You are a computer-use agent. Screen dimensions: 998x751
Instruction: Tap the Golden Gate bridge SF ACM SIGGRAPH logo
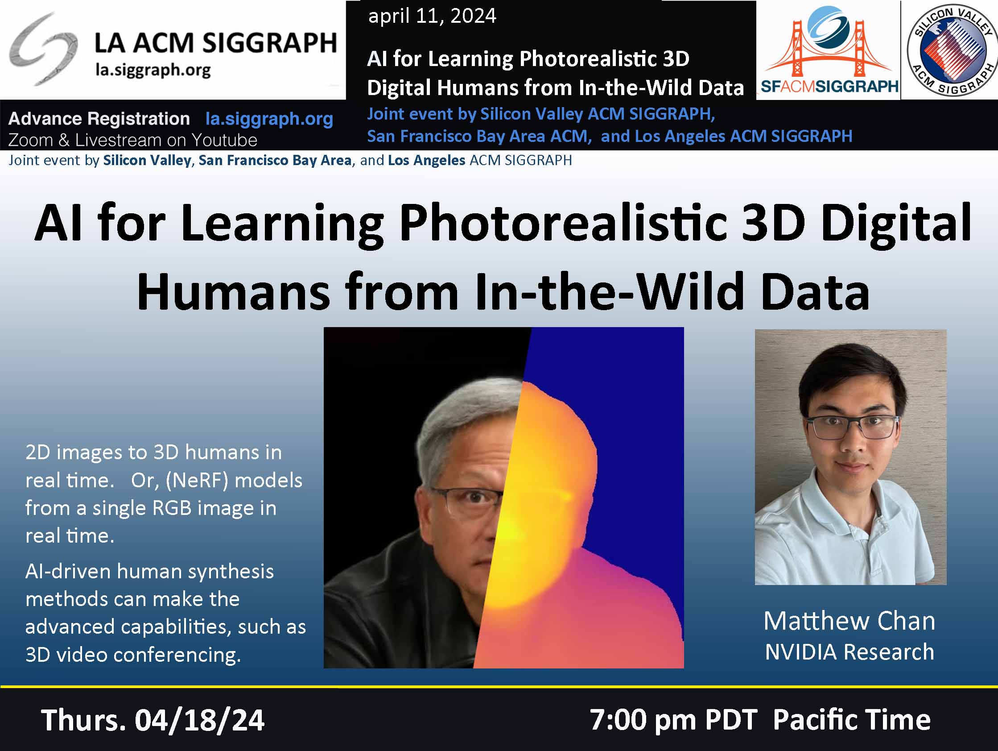coord(829,49)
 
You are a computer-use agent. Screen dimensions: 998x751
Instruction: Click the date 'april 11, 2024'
coord(432,16)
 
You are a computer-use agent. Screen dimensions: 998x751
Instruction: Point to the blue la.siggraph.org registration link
coord(269,119)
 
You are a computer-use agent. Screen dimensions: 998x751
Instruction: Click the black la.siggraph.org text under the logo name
coord(153,71)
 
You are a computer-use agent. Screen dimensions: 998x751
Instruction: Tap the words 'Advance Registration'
coord(99,119)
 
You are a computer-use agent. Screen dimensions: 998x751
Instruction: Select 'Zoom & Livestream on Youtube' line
coord(132,140)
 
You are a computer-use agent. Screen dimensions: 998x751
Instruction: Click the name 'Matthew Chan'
coord(849,621)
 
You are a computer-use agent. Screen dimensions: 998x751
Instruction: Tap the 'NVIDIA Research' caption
coord(849,651)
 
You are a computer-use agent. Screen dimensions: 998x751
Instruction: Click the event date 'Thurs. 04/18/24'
coord(153,720)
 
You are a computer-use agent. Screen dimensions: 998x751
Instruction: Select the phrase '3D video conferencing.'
coord(133,655)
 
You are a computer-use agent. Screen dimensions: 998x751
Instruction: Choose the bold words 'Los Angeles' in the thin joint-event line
coord(426,160)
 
